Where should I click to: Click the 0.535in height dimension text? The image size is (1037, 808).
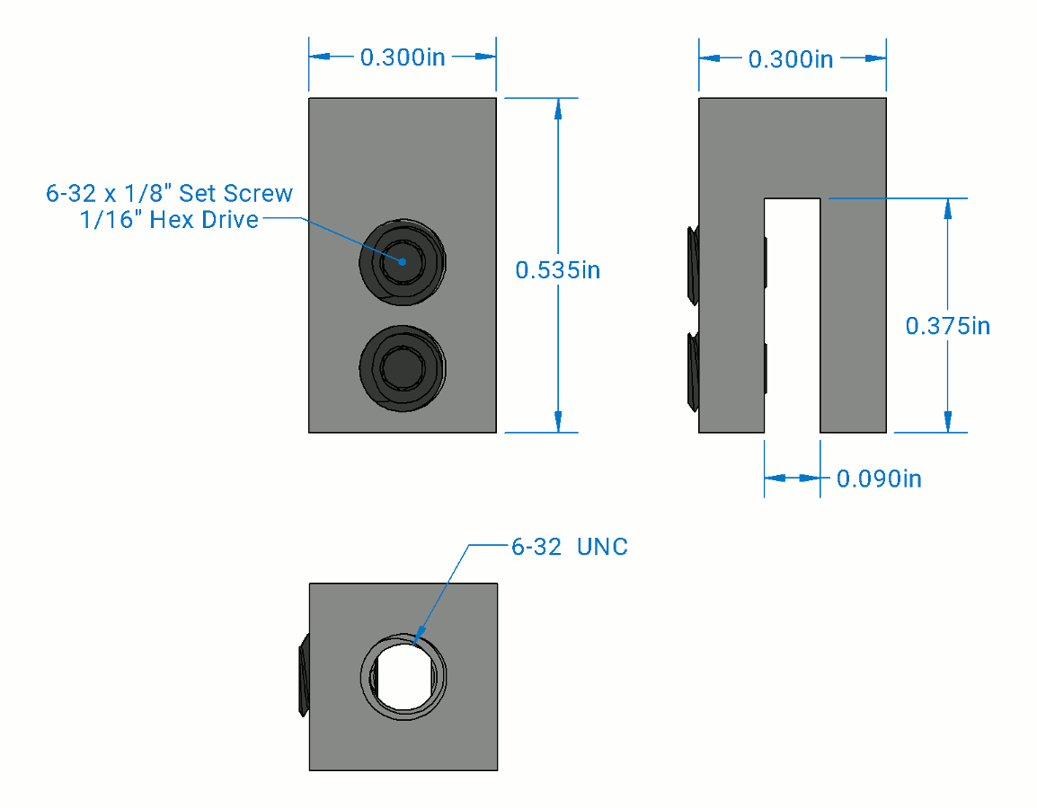point(557,269)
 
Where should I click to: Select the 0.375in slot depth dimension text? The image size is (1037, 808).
point(947,325)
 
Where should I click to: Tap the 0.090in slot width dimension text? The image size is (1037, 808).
point(878,479)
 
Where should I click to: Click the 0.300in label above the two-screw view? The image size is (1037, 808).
point(403,57)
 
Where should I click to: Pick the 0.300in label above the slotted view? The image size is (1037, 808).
point(791,59)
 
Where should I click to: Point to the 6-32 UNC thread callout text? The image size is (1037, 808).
point(569,547)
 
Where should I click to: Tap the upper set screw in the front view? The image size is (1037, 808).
point(402,262)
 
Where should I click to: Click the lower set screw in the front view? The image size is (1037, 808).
point(402,367)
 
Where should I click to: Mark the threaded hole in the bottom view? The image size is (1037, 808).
point(403,677)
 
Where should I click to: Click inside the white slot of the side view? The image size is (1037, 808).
point(792,314)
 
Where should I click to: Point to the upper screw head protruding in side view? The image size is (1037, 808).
point(691,265)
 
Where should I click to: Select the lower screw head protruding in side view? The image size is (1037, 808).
point(691,369)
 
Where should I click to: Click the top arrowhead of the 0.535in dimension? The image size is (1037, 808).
point(558,109)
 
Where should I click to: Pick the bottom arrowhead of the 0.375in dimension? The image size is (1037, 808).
point(946,421)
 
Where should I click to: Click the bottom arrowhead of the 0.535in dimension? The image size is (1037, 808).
point(558,421)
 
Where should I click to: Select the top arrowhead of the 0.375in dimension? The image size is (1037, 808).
point(946,209)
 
